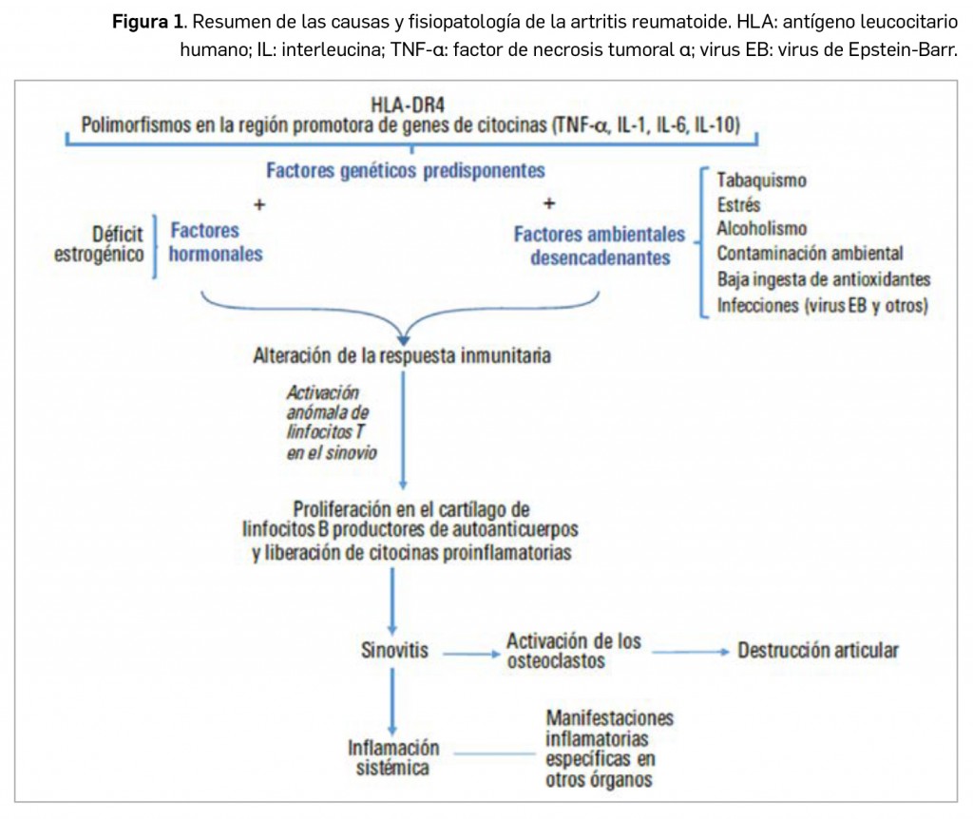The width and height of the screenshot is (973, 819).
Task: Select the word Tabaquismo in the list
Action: pos(761,181)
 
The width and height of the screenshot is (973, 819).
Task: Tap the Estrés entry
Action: pos(738,204)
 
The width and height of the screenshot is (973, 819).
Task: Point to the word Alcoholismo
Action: pos(762,229)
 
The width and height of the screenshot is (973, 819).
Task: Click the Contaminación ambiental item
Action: pos(810,254)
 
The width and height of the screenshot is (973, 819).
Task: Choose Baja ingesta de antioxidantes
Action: pos(823,279)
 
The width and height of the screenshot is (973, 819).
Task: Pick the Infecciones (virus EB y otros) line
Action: pos(822,305)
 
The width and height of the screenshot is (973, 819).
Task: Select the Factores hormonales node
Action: pos(216,242)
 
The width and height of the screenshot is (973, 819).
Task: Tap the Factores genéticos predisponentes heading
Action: pos(406,171)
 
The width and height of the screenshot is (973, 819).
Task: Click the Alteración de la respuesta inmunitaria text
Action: pos(402,356)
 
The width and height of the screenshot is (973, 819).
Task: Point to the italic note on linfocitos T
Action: pos(329,423)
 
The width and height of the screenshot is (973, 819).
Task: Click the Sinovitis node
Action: pos(394,652)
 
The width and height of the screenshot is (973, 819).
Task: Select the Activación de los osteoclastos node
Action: pos(573,651)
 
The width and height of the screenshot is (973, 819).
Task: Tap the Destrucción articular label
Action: pos(817,651)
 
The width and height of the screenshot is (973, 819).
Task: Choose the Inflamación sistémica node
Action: pos(392,756)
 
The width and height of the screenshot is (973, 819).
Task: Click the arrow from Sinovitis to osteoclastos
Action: pos(471,654)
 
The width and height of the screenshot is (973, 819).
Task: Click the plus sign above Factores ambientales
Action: pos(548,204)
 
